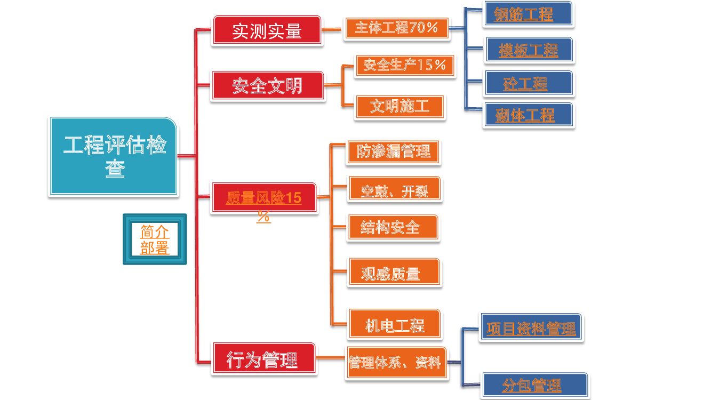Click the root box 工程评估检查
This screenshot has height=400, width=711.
coord(113,156)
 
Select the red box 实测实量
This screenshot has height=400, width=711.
coord(267,30)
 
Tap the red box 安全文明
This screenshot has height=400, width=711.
coord(267,85)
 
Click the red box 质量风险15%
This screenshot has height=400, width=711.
coord(264,198)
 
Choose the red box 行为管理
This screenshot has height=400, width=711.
coord(263,359)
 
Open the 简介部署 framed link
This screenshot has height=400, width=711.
coord(155,239)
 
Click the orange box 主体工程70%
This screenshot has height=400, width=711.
coord(396,28)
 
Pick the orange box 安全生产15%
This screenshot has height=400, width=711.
coord(405,66)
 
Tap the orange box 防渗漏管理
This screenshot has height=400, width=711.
coord(394,151)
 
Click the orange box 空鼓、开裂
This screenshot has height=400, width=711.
coord(394,189)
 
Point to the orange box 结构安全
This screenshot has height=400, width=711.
coord(393,227)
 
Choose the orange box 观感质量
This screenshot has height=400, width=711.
coord(394,273)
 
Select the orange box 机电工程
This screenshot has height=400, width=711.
coord(394,324)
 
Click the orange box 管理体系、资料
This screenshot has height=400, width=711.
coord(395,363)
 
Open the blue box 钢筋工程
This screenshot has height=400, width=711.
coord(528,14)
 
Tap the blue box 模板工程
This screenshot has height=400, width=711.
coord(529,50)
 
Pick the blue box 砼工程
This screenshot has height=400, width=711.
coord(529,83)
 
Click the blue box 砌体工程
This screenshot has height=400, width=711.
coord(528,115)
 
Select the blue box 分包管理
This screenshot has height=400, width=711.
coord(534,385)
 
